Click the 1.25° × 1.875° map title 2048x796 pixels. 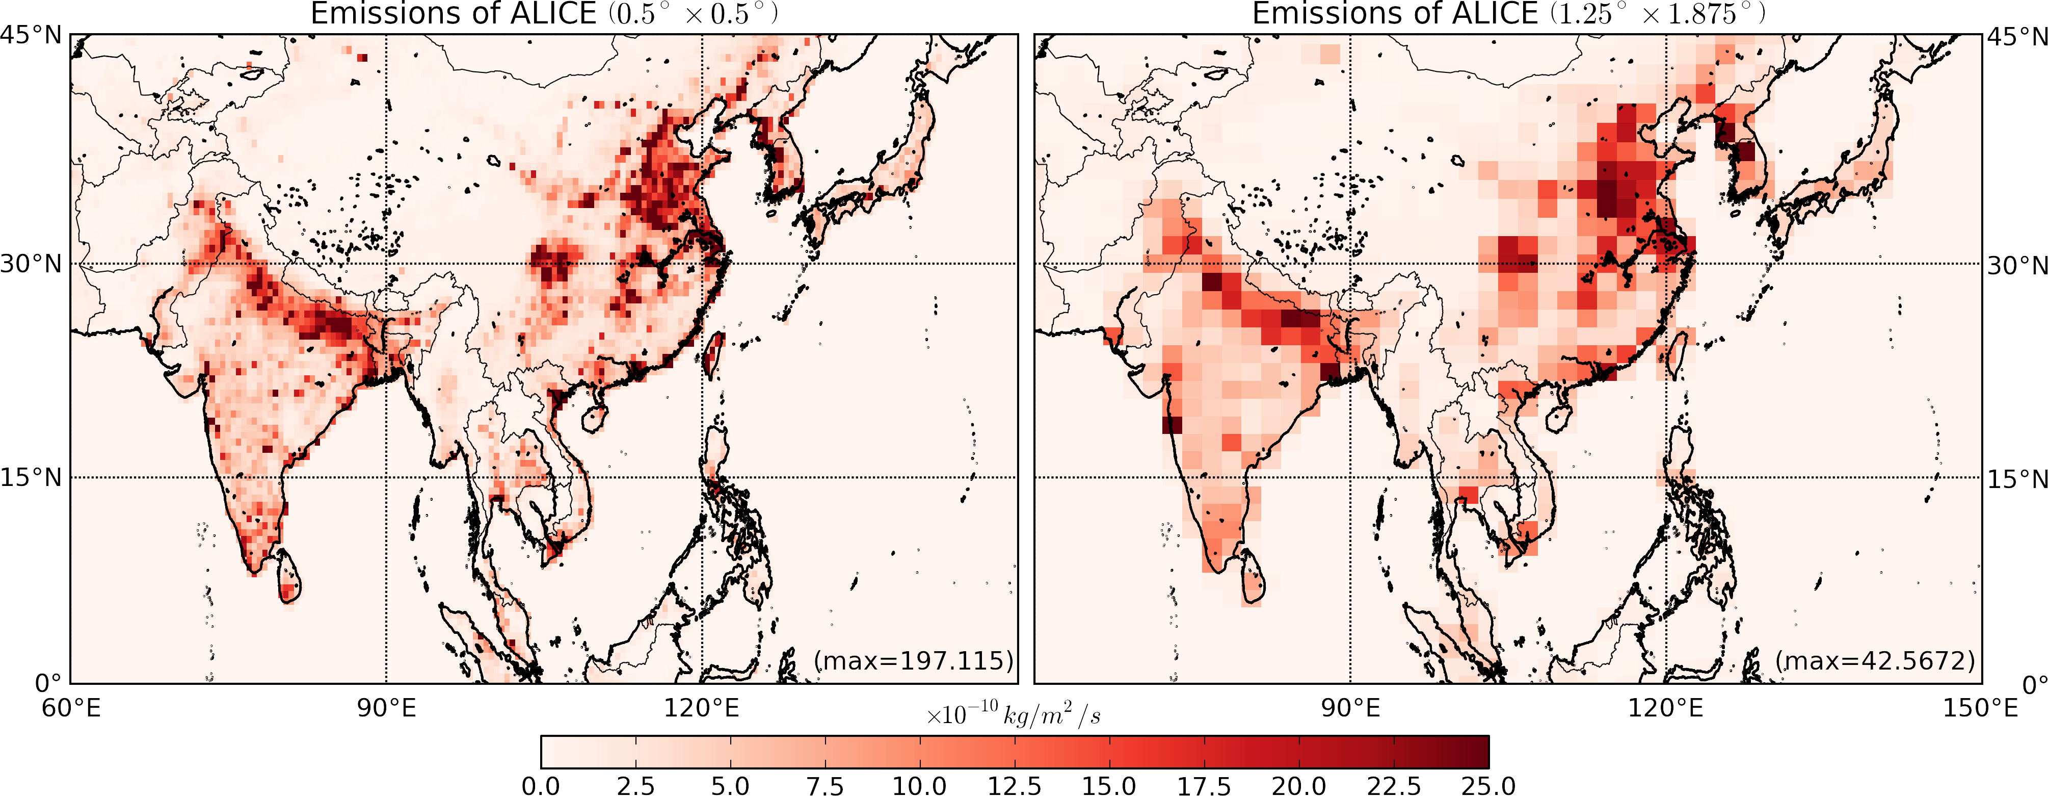tap(1508, 14)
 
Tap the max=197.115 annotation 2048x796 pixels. tap(914, 660)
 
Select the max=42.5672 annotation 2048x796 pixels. tap(1875, 660)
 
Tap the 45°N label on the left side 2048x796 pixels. tap(30, 36)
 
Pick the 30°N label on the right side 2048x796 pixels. tap(2017, 265)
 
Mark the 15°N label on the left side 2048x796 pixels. tap(30, 478)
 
